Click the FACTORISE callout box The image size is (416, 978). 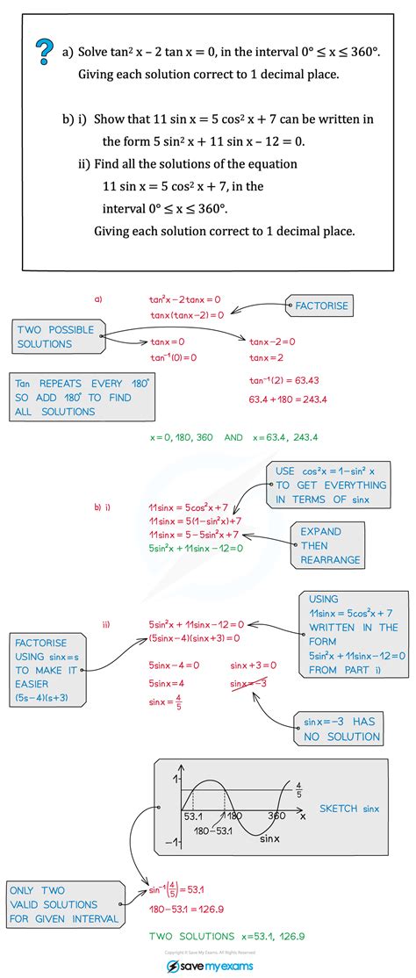click(321, 306)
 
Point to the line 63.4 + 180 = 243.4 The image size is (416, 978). click(288, 399)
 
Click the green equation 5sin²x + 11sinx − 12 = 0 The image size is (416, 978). click(196, 549)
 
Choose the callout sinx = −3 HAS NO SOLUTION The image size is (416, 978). click(340, 729)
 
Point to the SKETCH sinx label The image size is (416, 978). click(349, 809)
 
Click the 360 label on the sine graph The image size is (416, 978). click(276, 816)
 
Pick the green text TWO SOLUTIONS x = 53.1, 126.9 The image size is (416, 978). click(226, 937)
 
